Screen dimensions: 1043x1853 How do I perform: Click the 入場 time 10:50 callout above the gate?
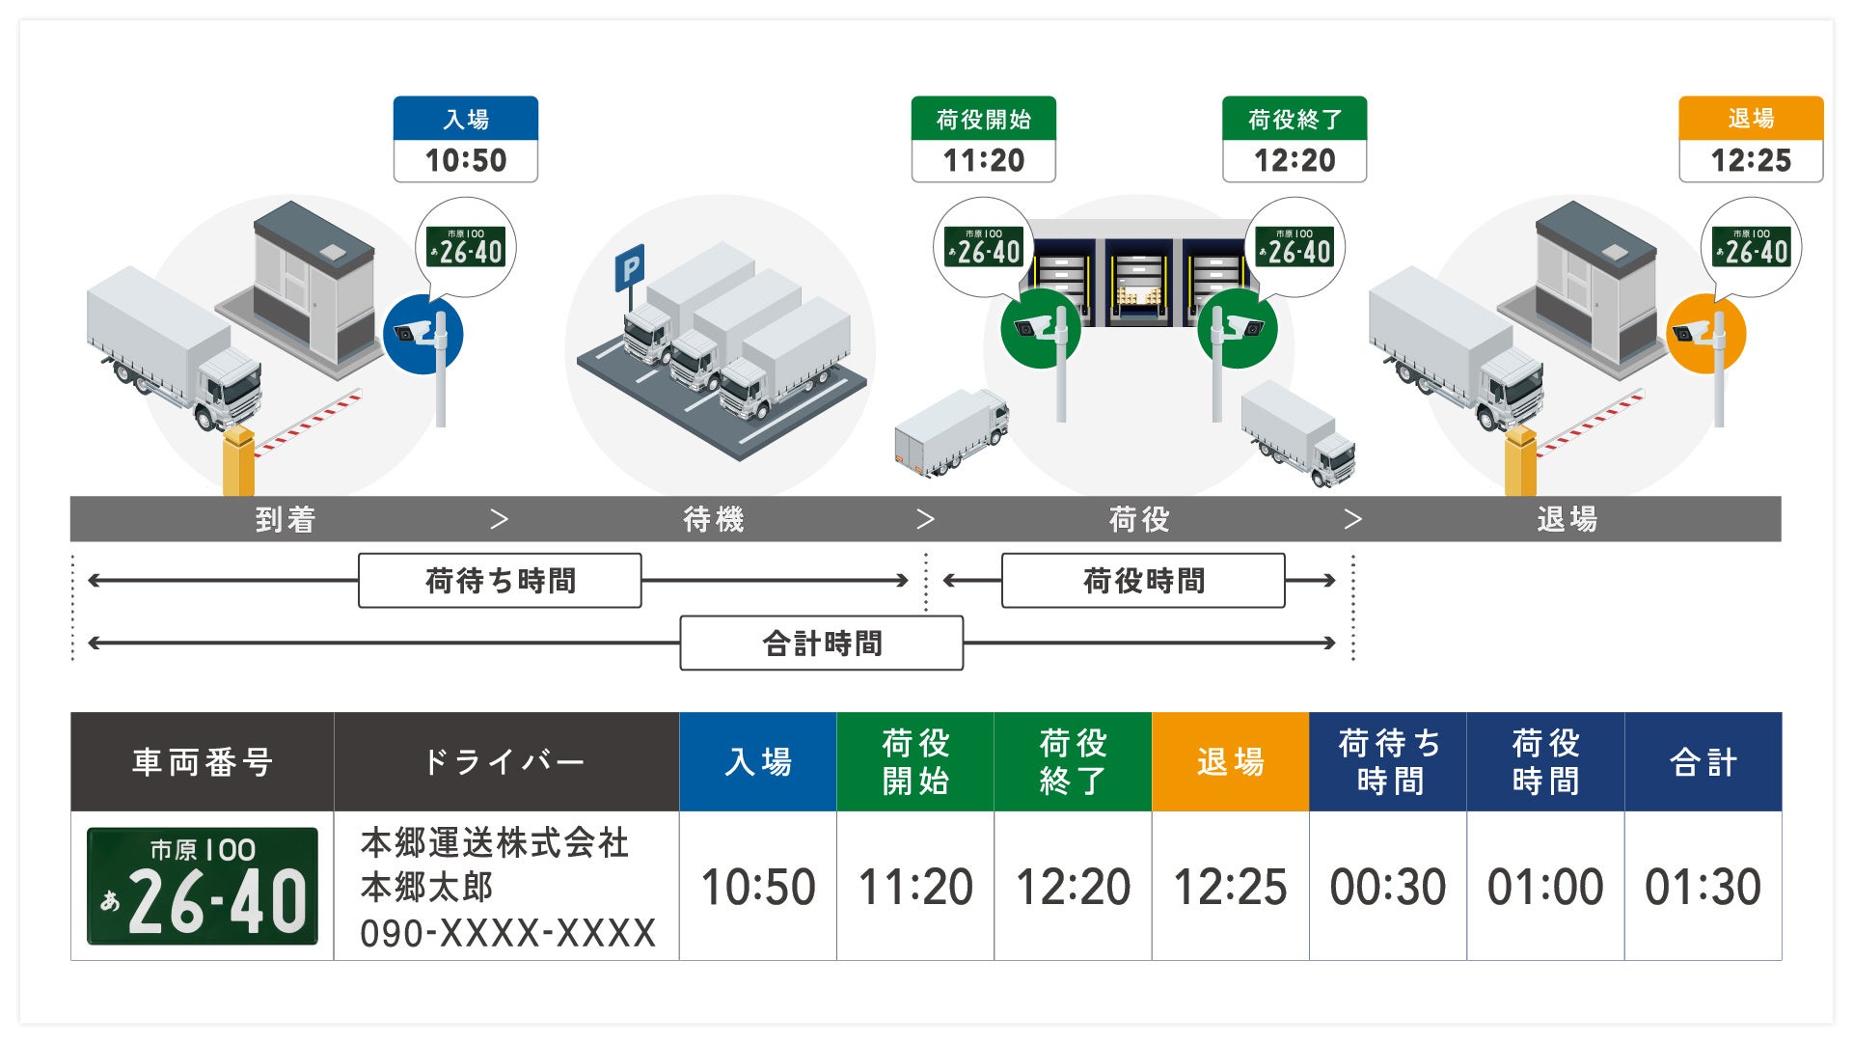[x=465, y=140]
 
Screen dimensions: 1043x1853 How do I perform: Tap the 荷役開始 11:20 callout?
[x=983, y=140]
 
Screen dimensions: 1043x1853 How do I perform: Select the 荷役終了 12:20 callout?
[x=1294, y=140]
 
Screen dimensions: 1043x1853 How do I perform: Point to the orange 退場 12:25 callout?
[x=1750, y=140]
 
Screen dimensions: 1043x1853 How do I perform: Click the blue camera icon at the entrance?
[x=422, y=334]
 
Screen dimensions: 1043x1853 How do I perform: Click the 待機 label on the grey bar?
[x=713, y=520]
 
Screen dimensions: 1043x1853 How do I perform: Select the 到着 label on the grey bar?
[x=286, y=520]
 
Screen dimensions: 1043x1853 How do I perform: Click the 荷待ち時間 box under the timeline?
[x=500, y=581]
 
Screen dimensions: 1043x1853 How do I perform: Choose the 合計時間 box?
[x=821, y=644]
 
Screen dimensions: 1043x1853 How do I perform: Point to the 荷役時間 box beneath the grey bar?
[x=1143, y=581]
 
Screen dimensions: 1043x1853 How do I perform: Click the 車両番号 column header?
[x=203, y=762]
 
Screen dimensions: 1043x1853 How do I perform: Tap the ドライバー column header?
[x=505, y=762]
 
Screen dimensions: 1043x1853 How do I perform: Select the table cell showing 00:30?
[x=1387, y=887]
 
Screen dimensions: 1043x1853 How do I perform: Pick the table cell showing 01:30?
[x=1703, y=887]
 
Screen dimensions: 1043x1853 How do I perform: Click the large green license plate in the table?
[x=203, y=886]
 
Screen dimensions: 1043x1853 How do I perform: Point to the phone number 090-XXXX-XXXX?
[x=507, y=933]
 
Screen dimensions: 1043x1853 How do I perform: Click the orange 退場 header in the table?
[x=1230, y=762]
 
